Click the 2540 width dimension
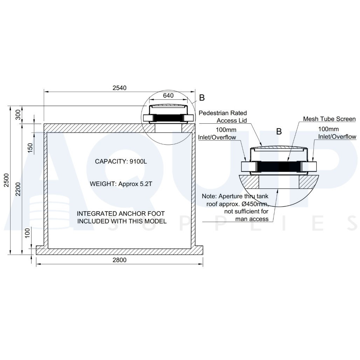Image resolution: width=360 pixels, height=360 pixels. [119, 88]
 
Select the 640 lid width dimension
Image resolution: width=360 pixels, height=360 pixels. [168, 95]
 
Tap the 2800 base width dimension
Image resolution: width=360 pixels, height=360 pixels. [119, 260]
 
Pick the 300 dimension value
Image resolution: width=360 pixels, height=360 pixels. [18, 115]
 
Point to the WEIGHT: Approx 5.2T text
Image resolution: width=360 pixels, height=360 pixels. [121, 183]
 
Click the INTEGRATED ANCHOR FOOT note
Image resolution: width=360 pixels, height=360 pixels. [121, 217]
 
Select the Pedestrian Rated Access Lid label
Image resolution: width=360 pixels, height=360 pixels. [223, 117]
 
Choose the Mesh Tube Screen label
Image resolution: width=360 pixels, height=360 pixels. [329, 119]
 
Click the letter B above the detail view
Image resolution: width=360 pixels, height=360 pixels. [279, 132]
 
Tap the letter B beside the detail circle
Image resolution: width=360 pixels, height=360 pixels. [202, 98]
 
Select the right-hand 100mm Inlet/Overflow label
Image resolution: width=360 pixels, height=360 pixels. [337, 133]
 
